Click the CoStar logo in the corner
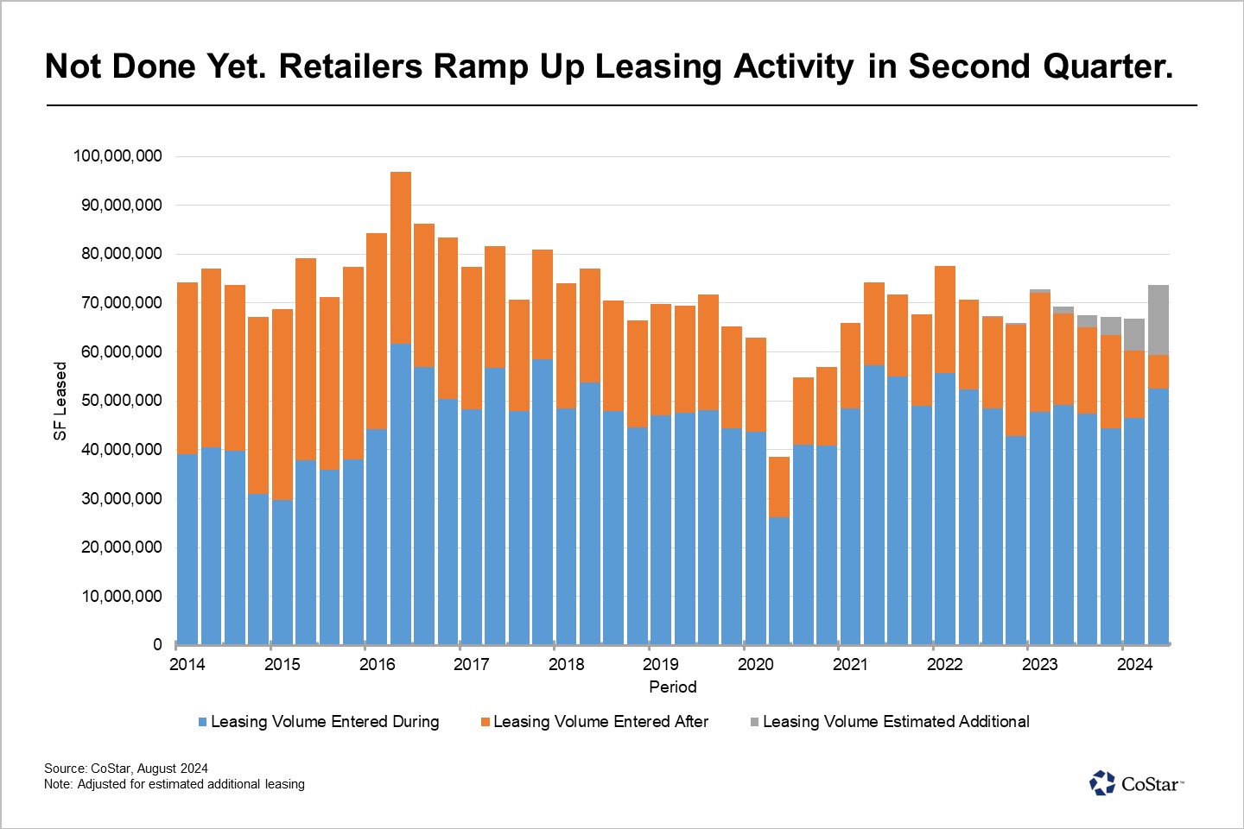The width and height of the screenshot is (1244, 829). tap(1136, 783)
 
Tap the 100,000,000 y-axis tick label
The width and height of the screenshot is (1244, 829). tap(117, 156)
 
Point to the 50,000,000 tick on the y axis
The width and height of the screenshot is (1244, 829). tap(122, 401)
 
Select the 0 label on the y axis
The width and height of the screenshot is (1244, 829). tap(157, 645)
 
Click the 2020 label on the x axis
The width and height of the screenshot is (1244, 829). tap(756, 664)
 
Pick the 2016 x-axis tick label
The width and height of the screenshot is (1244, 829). tap(378, 664)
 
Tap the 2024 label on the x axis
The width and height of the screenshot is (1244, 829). tap(1134, 664)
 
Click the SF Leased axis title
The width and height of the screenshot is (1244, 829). tap(60, 401)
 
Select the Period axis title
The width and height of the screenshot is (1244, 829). tap(672, 687)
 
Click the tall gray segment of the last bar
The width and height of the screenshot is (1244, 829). tap(1158, 320)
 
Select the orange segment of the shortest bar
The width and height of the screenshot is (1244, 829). tap(779, 487)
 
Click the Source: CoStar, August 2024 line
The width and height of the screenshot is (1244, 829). tap(126, 769)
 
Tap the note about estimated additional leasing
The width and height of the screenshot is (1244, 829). tap(175, 784)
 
